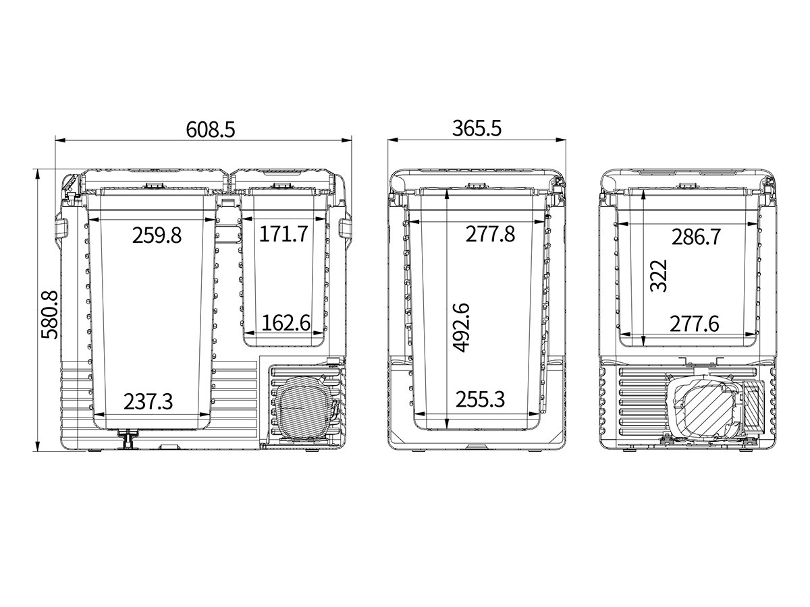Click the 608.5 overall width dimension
pos(211,129)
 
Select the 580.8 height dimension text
pos(49,315)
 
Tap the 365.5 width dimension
pos(477,129)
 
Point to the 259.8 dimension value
pos(157,235)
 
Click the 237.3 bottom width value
pos(148,401)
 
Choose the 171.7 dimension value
pos(283,233)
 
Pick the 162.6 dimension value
pos(286,323)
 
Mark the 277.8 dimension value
pos(490,234)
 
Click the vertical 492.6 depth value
pos(461,328)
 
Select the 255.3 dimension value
pos(480,399)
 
